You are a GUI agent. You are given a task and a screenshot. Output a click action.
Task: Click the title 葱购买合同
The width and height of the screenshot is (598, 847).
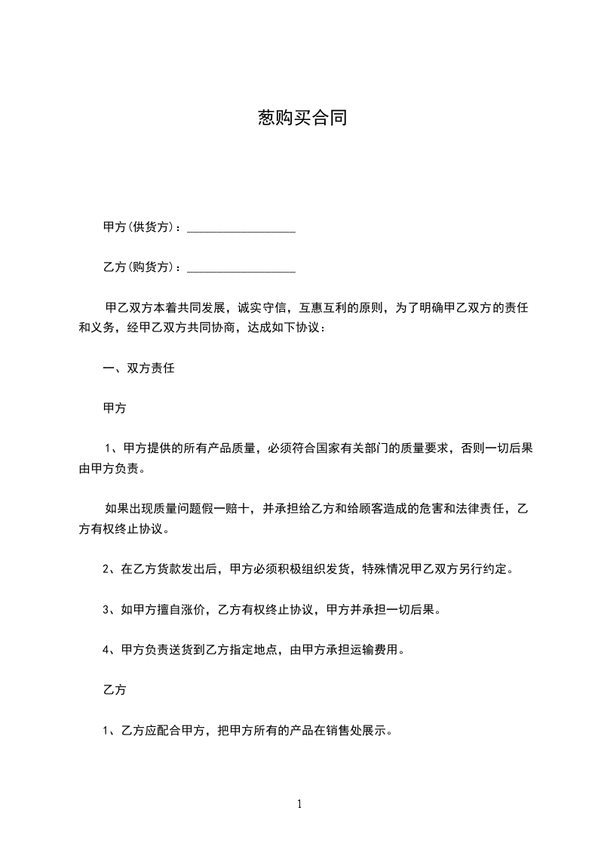[x=302, y=119]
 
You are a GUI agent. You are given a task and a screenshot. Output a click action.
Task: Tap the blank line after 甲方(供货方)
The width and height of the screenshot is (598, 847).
[x=241, y=227]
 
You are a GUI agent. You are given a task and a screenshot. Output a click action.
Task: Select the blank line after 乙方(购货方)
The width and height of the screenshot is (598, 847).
[x=241, y=268]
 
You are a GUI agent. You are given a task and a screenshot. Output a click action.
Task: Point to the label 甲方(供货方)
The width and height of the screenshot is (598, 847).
[x=141, y=227]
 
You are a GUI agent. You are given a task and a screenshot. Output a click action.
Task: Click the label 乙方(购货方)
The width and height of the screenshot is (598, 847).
[x=141, y=268]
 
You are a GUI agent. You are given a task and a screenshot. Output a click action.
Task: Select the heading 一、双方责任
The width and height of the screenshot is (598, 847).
[x=139, y=369]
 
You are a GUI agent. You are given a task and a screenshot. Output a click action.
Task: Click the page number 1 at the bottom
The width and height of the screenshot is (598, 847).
[x=299, y=804]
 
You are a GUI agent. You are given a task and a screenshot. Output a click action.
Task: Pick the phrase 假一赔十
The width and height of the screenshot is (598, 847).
[x=234, y=510]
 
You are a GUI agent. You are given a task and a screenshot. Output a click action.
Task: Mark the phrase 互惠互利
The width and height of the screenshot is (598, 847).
[x=324, y=309]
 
